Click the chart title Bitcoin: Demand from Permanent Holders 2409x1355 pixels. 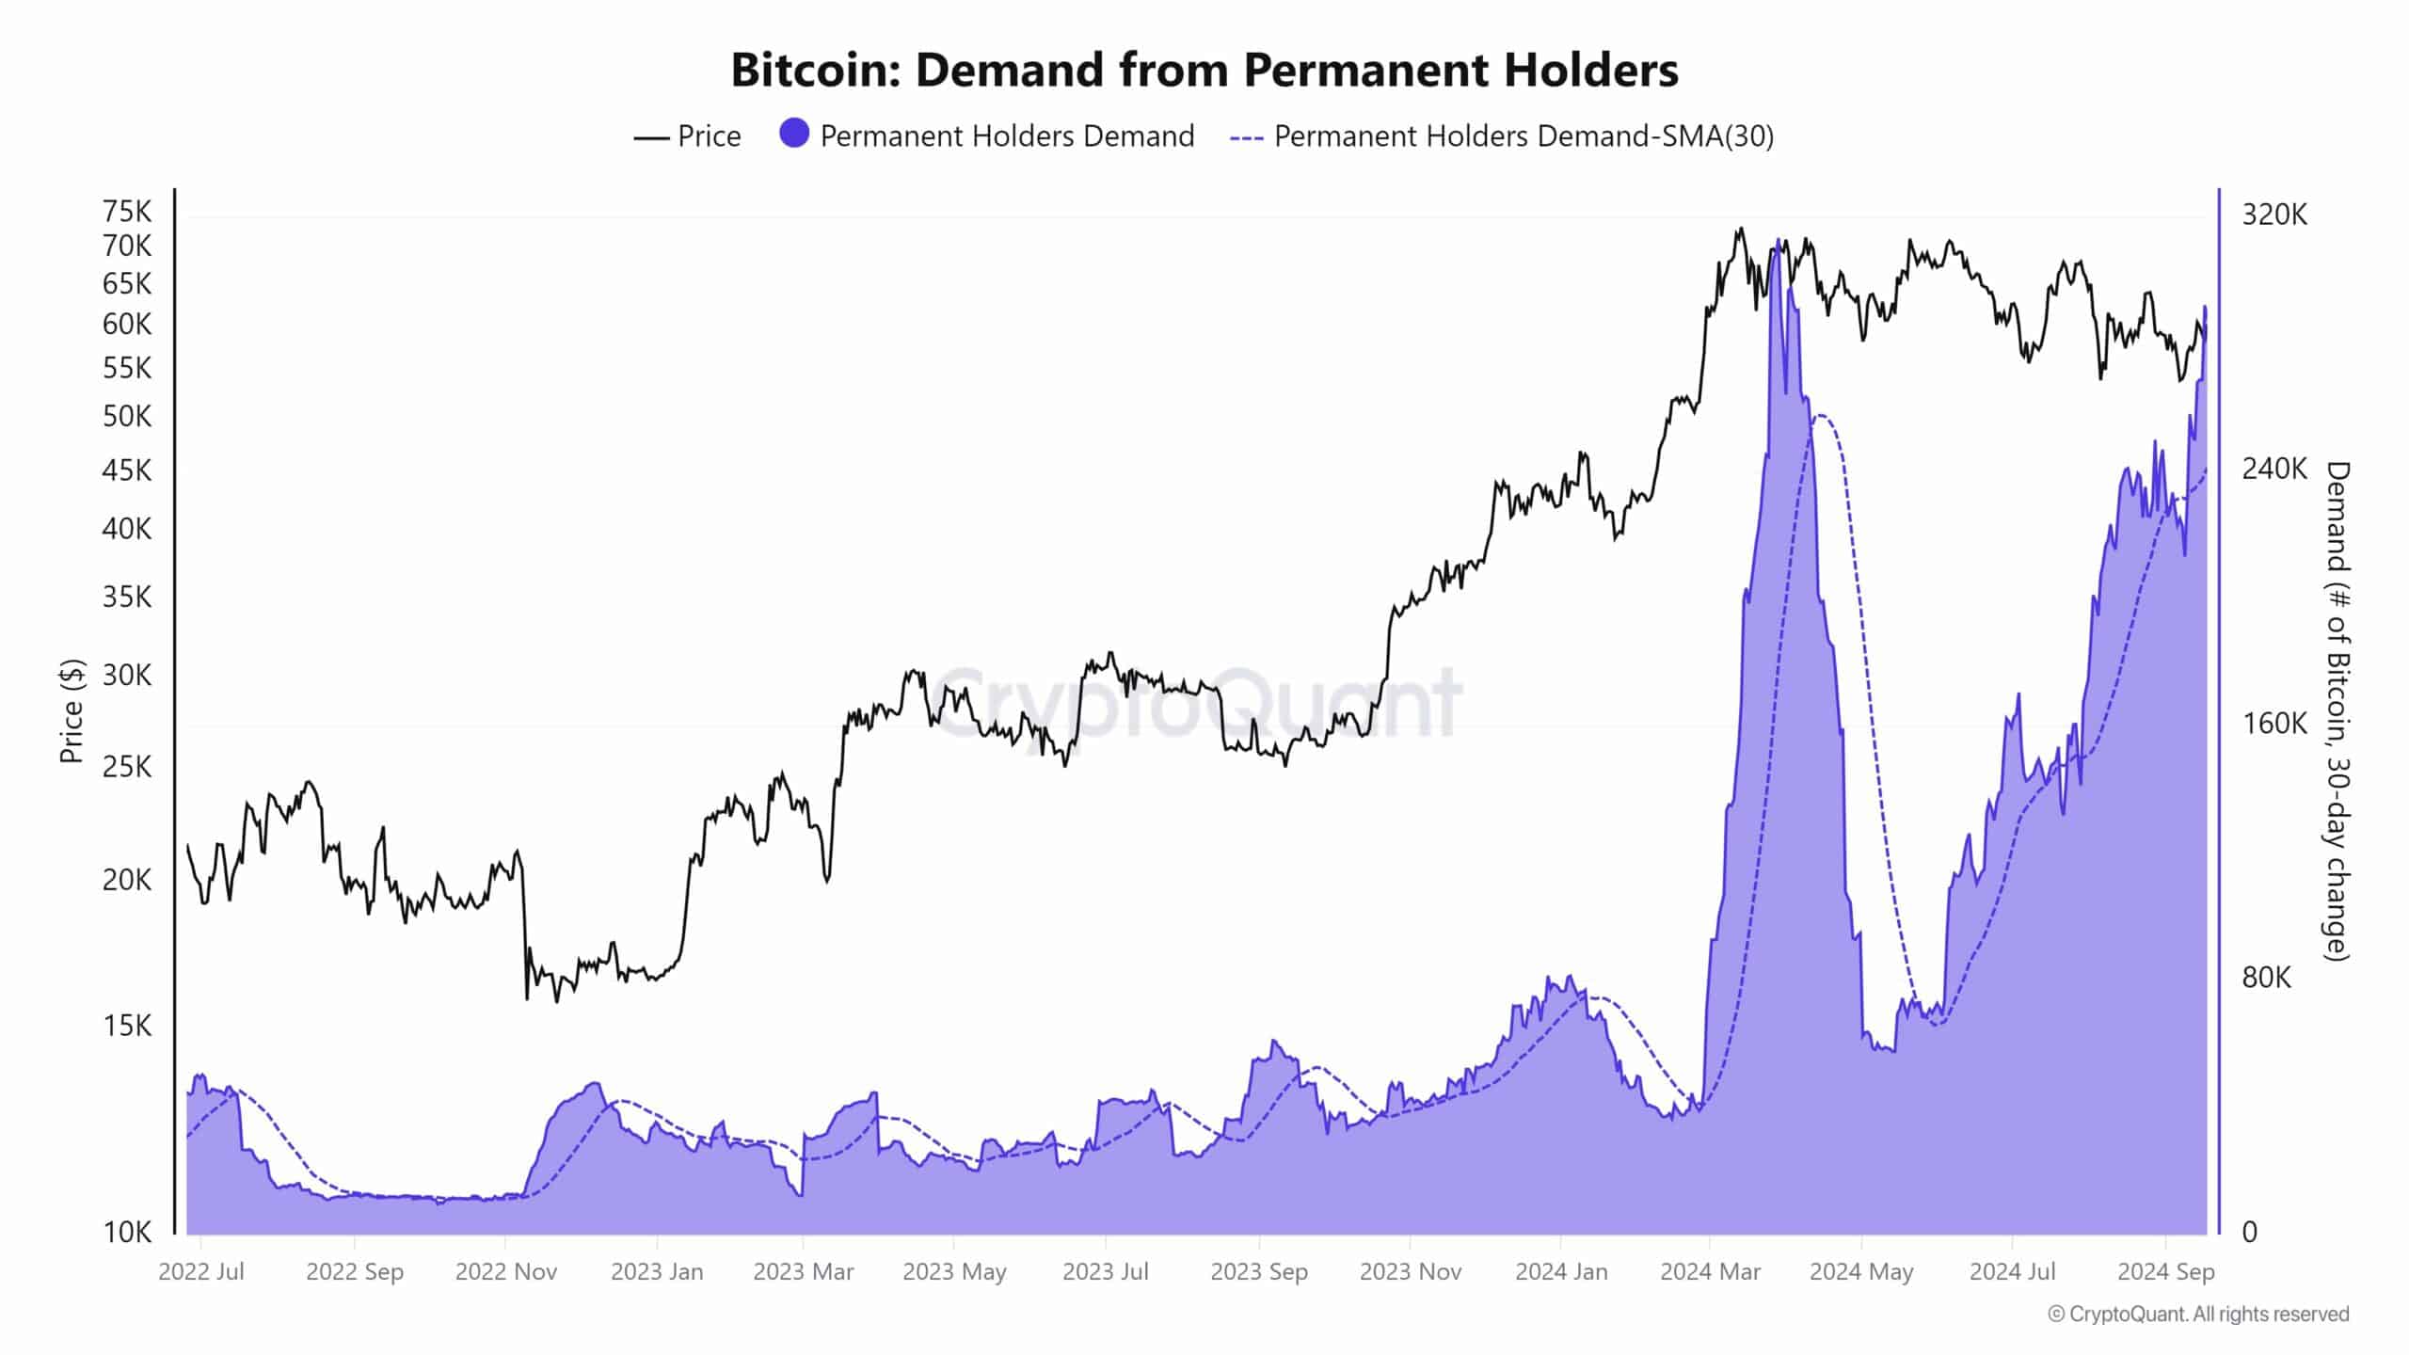[1204, 70]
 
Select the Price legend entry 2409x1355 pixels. [688, 136]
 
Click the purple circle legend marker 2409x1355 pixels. [794, 134]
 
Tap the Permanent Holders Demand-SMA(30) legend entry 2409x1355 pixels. [1502, 136]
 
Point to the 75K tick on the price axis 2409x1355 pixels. [127, 212]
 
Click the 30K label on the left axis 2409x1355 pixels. [127, 676]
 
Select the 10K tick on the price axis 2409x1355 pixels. [127, 1232]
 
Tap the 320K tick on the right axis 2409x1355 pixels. [2274, 215]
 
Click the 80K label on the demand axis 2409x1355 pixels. [2266, 978]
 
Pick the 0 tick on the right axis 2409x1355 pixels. [2250, 1232]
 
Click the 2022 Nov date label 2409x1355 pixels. [506, 1272]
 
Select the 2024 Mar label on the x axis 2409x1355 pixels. [1710, 1272]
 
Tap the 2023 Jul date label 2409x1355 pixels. [1106, 1272]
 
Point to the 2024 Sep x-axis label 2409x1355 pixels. [2166, 1272]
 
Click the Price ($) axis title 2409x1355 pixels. [72, 710]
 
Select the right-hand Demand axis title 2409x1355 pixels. [2337, 710]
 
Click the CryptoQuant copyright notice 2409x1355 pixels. [2198, 1314]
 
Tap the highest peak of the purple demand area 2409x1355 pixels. [1778, 241]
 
